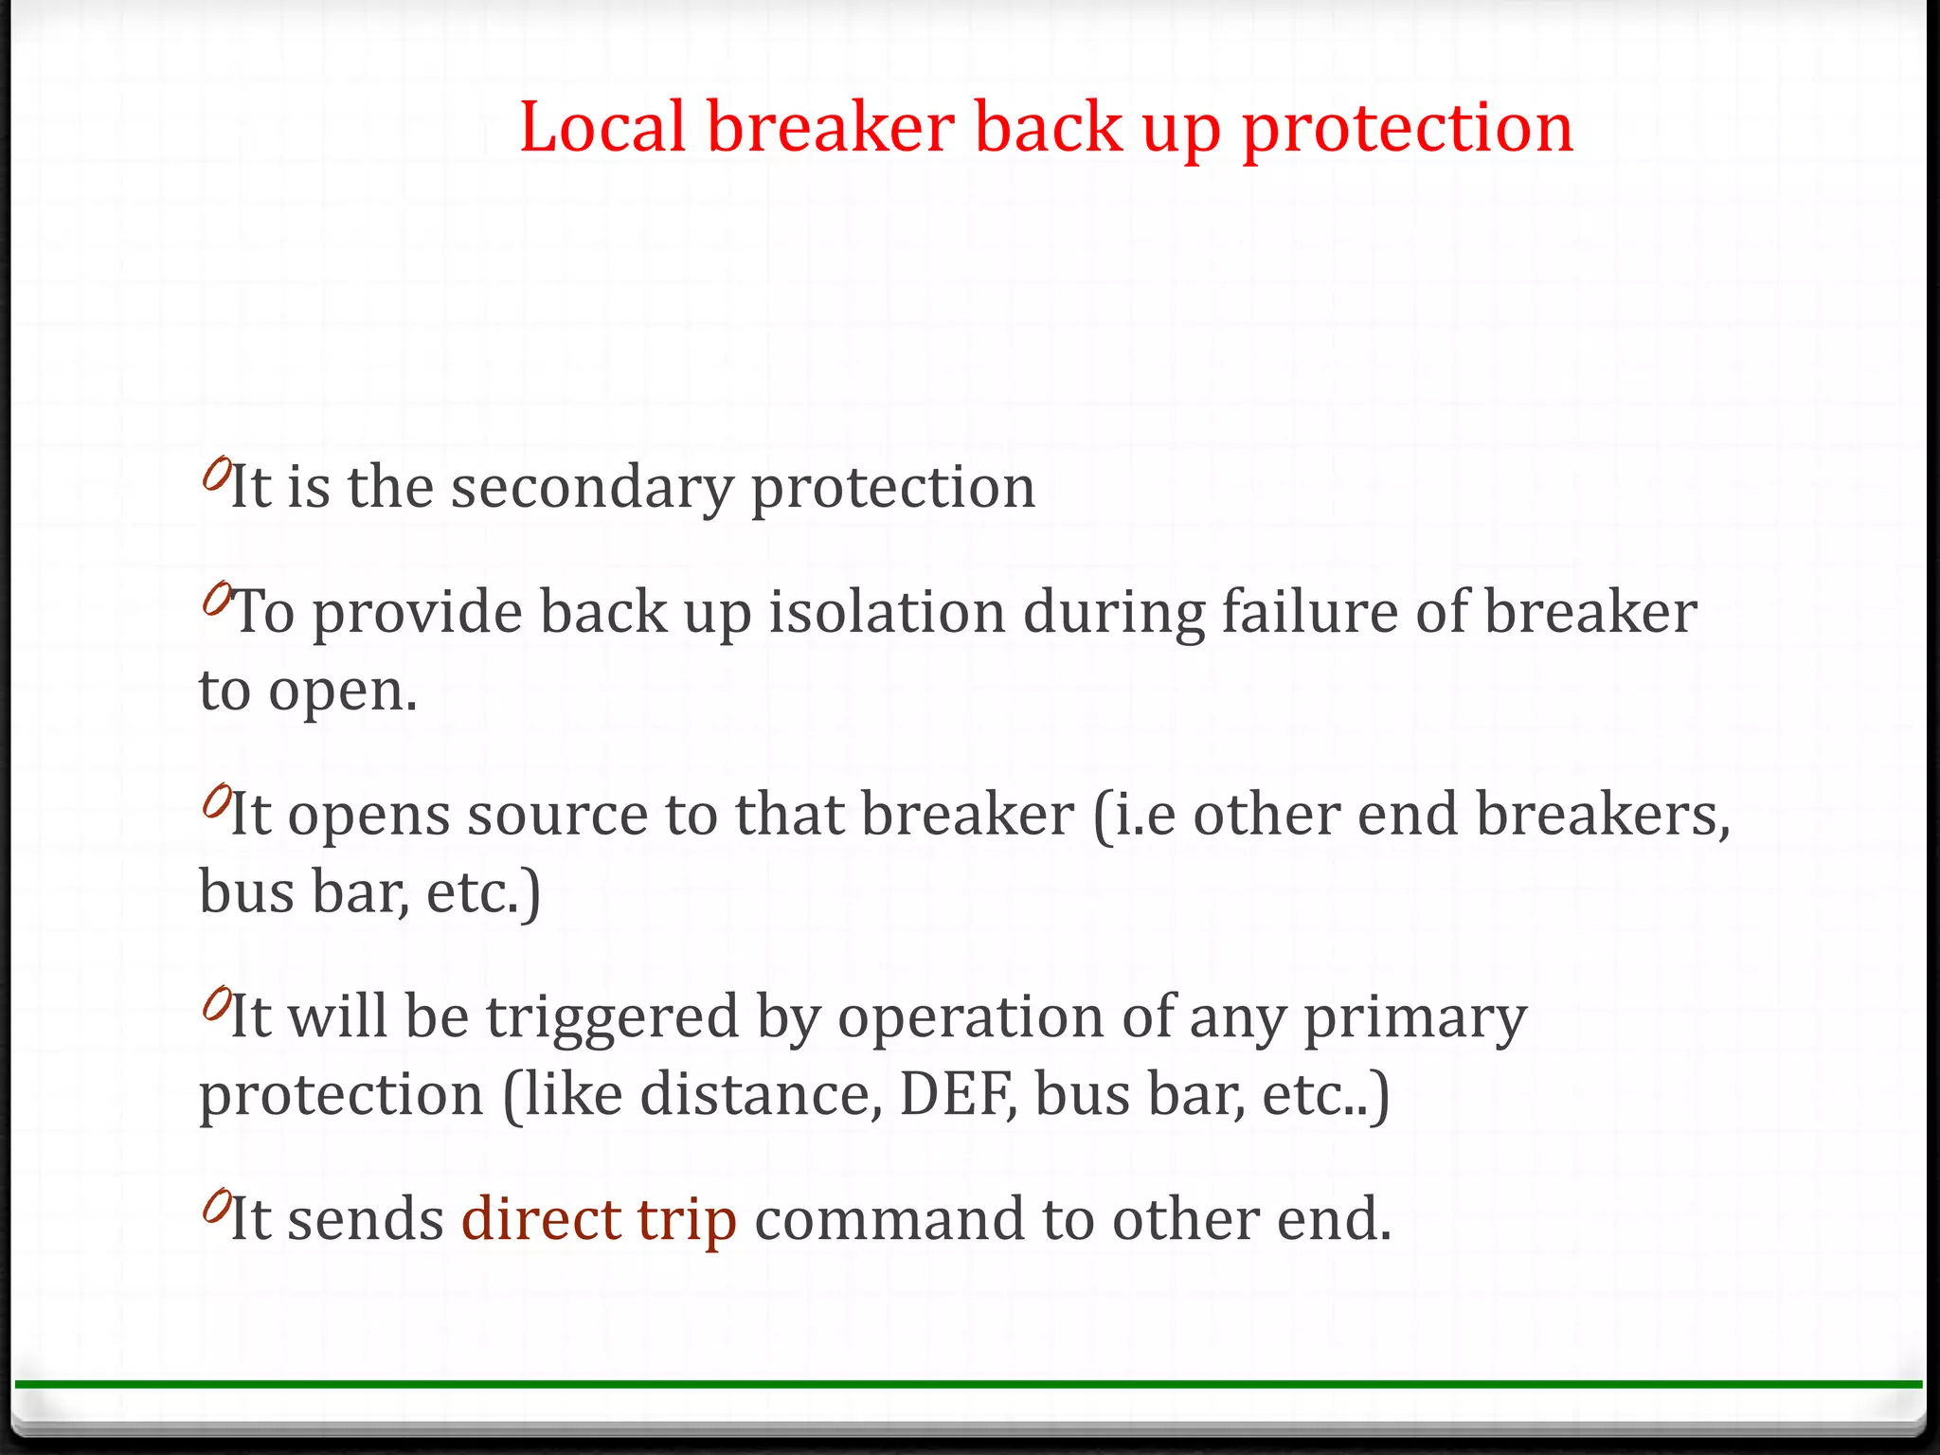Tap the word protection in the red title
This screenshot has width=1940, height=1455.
[1408, 131]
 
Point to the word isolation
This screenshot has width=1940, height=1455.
[887, 612]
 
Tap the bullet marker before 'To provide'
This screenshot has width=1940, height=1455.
[216, 599]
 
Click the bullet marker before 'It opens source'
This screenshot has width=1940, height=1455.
[216, 801]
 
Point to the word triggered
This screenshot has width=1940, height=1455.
[612, 1016]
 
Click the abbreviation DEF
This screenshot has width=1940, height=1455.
[955, 1095]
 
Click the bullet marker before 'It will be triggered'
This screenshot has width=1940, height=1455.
[216, 1003]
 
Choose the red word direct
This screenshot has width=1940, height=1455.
[541, 1219]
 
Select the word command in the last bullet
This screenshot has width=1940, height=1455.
[889, 1219]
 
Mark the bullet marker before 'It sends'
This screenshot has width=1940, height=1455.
[216, 1206]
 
